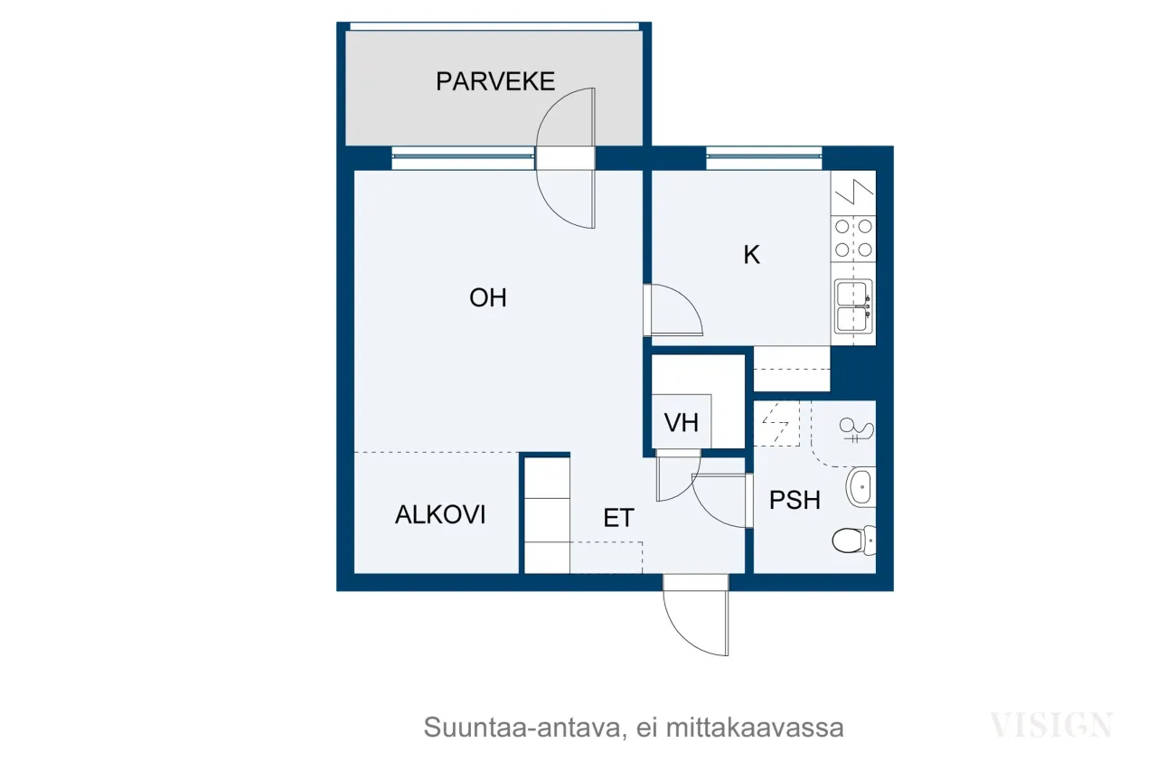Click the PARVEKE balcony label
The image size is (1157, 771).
point(494,81)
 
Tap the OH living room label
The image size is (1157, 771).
point(488,297)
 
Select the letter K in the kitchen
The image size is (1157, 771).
point(751,255)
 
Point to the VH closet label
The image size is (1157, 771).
point(681,422)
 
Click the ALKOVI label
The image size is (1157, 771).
point(440,514)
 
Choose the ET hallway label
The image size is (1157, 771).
point(619,518)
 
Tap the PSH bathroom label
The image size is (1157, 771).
point(795,500)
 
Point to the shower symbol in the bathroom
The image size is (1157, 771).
point(857,430)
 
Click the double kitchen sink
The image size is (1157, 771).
point(853,306)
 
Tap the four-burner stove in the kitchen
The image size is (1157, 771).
point(853,238)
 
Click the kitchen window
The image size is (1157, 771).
point(764,158)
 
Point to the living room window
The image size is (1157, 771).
point(464,158)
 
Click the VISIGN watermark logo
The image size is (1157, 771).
point(1051,725)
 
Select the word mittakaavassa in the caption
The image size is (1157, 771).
point(755,728)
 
